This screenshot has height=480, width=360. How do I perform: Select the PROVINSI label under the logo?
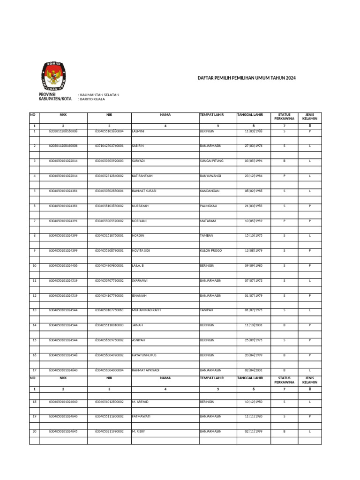pyautogui.click(x=47, y=94)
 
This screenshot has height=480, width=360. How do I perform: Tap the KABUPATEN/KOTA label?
pyautogui.click(x=54, y=99)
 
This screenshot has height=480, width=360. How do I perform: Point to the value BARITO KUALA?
pyautogui.click(x=92, y=99)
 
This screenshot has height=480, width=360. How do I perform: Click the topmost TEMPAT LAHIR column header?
pyautogui.click(x=212, y=114)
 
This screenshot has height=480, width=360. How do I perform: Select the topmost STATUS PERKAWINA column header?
pyautogui.click(x=285, y=116)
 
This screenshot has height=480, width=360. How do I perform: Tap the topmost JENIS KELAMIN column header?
pyautogui.click(x=310, y=116)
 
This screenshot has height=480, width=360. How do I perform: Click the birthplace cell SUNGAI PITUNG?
pyautogui.click(x=212, y=161)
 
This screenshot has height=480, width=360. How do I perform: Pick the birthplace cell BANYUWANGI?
pyautogui.click(x=211, y=176)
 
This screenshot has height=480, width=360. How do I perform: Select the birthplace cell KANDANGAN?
pyautogui.click(x=210, y=191)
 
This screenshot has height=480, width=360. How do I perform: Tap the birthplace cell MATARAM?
pyautogui.click(x=208, y=221)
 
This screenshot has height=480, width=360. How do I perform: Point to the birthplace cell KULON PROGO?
pyautogui.click(x=211, y=250)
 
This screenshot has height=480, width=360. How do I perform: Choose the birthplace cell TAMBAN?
pyautogui.click(x=207, y=235)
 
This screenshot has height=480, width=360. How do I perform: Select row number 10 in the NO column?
pyautogui.click(x=34, y=265)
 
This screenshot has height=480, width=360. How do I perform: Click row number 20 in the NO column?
pyautogui.click(x=34, y=431)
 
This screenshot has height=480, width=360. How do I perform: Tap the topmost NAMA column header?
pyautogui.click(x=165, y=114)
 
